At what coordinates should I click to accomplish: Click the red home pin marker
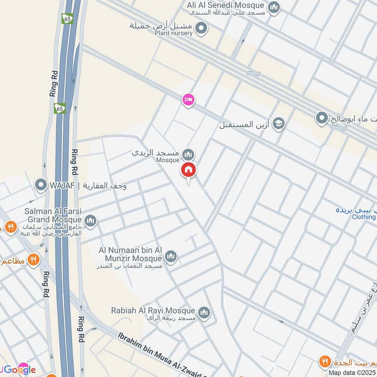(188, 170)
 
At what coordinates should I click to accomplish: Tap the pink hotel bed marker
(188, 99)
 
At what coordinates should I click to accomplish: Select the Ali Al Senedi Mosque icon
(274, 7)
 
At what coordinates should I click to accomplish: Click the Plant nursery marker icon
(202, 29)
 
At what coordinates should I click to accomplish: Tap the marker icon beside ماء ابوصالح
(322, 117)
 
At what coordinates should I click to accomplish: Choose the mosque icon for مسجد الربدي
(188, 154)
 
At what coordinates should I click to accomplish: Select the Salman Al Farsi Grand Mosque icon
(90, 220)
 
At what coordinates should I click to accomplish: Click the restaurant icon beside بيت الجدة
(324, 361)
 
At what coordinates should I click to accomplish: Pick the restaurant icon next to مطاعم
(33, 260)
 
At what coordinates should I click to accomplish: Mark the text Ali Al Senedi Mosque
(226, 5)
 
